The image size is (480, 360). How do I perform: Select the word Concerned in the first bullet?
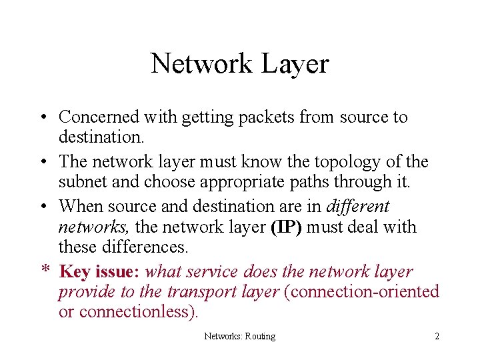98,117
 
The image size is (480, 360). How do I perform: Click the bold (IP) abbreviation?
286,227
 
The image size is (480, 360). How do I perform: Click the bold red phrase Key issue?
99,272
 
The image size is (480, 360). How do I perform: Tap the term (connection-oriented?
361,292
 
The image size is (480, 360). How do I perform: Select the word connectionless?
137,311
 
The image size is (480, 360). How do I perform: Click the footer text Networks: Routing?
239,336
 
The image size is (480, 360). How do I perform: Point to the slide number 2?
437,336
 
